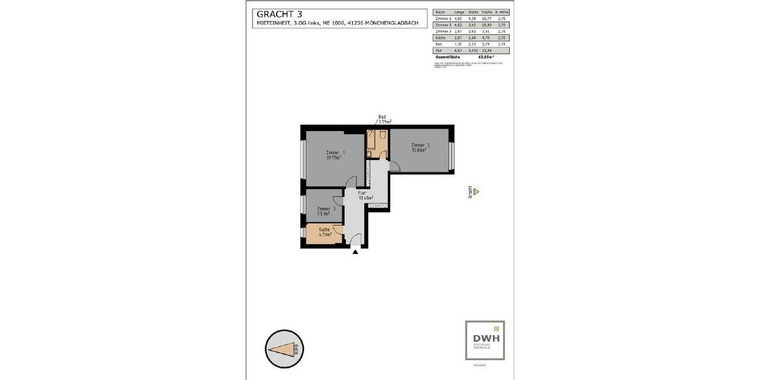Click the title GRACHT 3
click(x=277, y=14)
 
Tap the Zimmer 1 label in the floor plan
click(x=335, y=155)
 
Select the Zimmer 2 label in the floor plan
click(x=420, y=148)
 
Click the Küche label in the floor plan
click(x=324, y=232)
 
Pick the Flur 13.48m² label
click(x=365, y=195)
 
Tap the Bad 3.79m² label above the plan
click(x=383, y=118)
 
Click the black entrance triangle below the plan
click(x=355, y=252)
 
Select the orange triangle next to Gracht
click(x=477, y=191)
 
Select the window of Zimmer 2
click(x=452, y=156)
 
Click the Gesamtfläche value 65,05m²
click(x=486, y=56)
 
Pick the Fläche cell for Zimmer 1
click(x=486, y=18)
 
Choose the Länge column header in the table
click(x=459, y=12)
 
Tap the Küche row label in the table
click(x=441, y=37)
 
